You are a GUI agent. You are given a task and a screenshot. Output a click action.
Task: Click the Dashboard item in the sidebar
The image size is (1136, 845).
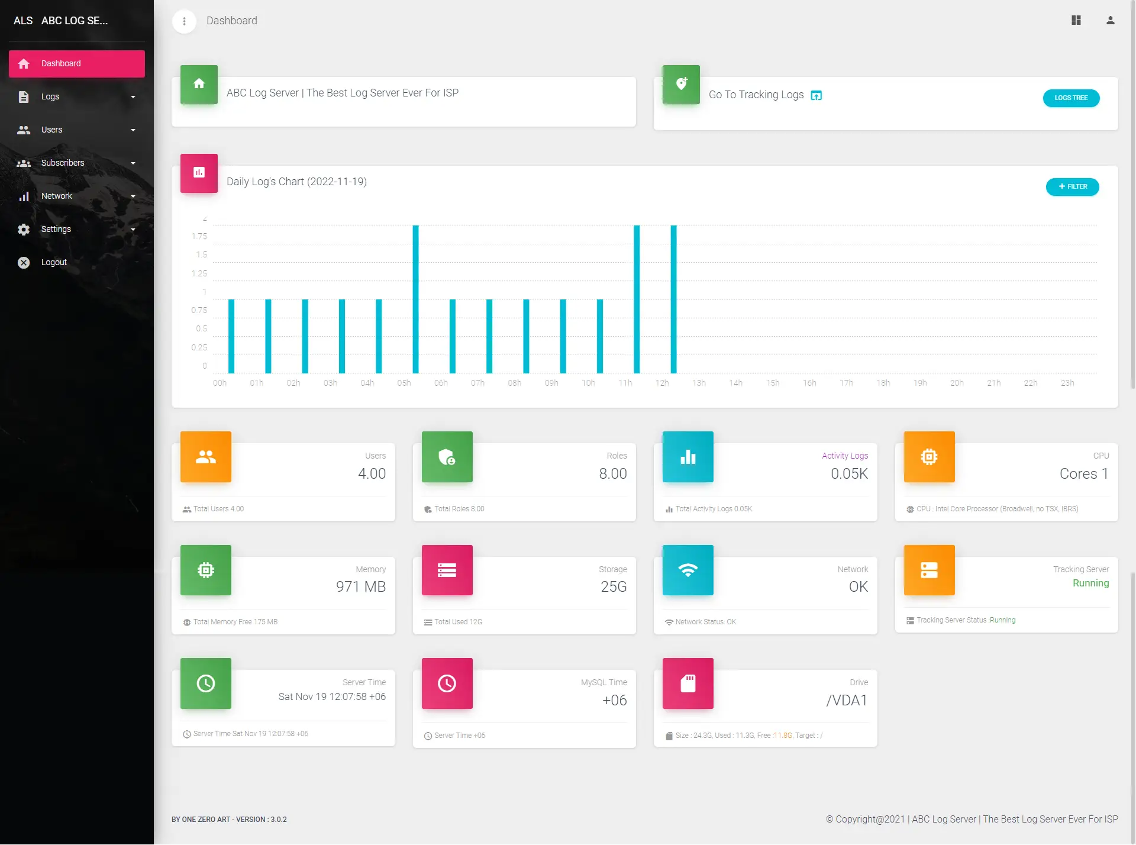click(x=76, y=63)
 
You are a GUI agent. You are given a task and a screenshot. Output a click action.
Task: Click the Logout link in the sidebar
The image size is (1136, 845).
click(x=54, y=262)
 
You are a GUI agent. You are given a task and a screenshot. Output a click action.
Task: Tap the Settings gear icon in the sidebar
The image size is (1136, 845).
click(x=24, y=230)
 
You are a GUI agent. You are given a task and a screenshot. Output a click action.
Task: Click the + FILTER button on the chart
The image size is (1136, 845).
click(x=1072, y=186)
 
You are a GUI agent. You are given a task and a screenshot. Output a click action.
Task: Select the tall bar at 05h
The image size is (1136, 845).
click(x=415, y=299)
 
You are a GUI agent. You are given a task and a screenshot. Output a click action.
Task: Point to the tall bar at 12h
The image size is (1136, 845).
click(x=673, y=299)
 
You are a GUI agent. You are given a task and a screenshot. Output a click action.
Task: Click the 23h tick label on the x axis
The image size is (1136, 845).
click(x=1067, y=383)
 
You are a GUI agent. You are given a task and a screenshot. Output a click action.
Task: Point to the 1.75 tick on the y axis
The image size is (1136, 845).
click(x=199, y=236)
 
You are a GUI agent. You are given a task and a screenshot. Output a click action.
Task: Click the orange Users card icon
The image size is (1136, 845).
click(x=206, y=457)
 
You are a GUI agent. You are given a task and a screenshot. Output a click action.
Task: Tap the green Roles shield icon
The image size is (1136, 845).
click(x=447, y=457)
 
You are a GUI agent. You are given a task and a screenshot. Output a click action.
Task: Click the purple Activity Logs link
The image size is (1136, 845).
click(x=844, y=456)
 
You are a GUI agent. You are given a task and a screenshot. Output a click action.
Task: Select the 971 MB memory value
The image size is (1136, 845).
click(x=360, y=586)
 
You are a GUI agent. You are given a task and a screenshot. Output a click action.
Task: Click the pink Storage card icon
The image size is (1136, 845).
click(x=447, y=570)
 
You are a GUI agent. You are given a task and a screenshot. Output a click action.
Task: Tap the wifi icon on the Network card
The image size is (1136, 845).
click(x=688, y=570)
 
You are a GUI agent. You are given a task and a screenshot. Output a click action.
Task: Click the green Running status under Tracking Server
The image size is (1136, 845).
click(x=1090, y=583)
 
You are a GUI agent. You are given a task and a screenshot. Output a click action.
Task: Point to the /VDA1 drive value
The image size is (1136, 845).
click(x=846, y=700)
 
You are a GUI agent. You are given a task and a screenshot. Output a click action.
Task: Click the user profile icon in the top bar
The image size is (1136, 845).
click(x=1110, y=21)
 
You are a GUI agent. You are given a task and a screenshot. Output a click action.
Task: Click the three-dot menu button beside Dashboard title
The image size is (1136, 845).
click(x=184, y=21)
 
